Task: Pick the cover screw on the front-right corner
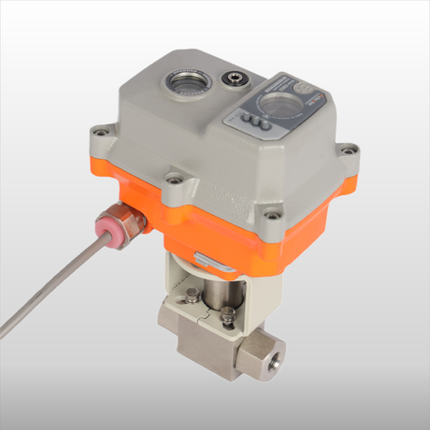coord(271,218)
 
